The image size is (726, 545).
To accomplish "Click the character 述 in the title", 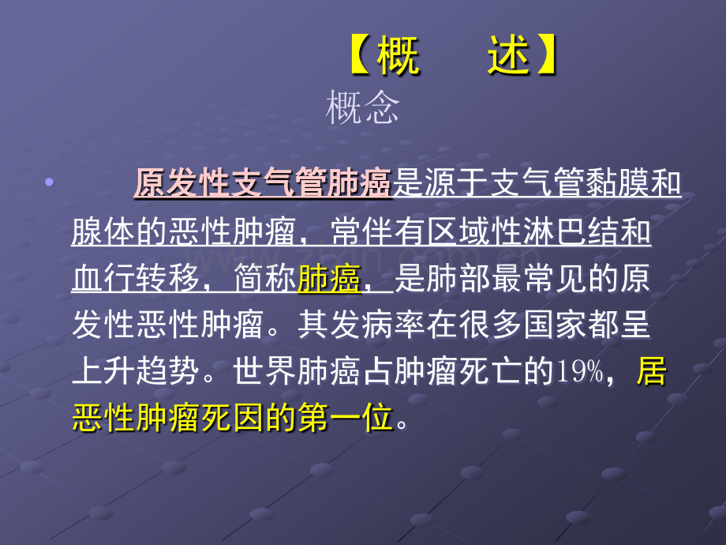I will click(508, 58).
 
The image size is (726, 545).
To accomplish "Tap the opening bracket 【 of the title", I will click(360, 58).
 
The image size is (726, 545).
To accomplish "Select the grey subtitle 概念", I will click(363, 107).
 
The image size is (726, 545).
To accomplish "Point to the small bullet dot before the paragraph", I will click(51, 183).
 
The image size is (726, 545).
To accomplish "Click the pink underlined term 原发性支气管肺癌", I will click(263, 185).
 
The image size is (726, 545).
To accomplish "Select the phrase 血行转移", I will click(135, 279).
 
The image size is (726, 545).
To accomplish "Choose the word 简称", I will click(264, 279).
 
